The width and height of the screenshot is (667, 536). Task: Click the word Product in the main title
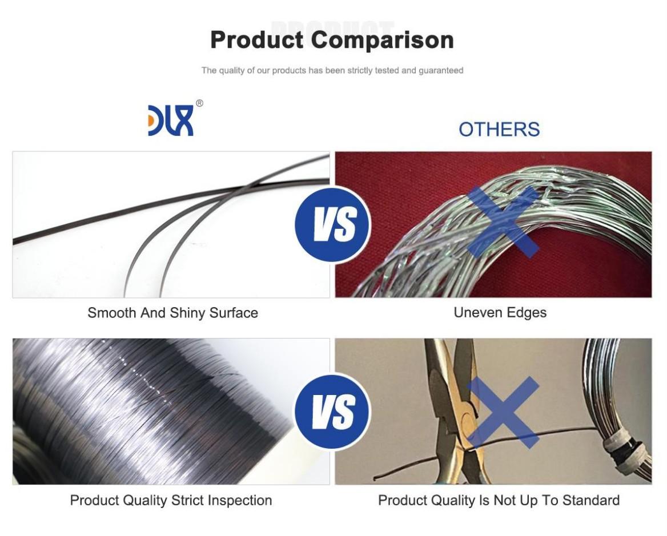coord(256,40)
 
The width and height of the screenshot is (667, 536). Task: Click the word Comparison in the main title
coord(382,40)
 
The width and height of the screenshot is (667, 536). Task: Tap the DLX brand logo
coord(171,120)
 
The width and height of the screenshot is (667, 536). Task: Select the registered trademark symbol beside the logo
coord(199,103)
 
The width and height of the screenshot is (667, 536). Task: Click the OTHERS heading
coord(499,129)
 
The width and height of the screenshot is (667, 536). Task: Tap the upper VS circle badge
coord(333,224)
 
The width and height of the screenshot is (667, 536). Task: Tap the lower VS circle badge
coord(333,411)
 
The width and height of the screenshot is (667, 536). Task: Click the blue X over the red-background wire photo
coord(503,221)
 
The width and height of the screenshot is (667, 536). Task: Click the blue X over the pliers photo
coord(503,412)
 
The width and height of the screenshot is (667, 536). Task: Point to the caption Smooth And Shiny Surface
coord(172,313)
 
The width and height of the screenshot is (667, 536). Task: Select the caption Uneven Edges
coord(500,312)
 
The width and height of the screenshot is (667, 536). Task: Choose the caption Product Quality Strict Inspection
coord(171,501)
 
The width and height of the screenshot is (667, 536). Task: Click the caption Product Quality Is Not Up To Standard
coord(499,501)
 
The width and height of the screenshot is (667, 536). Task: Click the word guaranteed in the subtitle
coord(441,71)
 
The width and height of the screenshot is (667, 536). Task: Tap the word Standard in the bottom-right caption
coord(591,501)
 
